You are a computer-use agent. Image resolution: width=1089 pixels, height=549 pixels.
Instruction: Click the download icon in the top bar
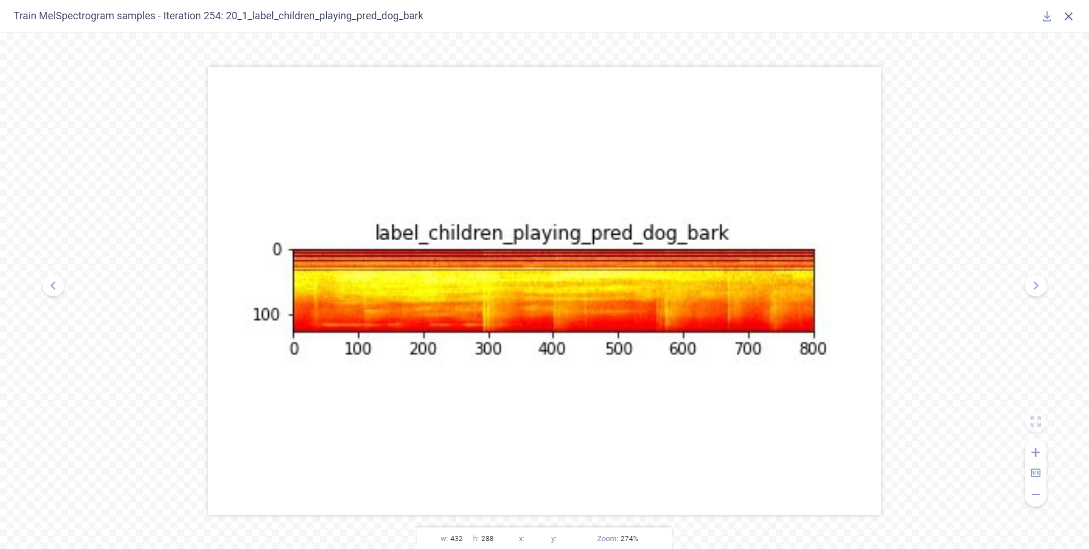[x=1047, y=16]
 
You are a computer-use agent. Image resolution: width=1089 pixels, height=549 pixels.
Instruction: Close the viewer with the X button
[x=1069, y=16]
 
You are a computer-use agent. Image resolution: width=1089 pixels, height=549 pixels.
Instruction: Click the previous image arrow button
[x=53, y=286]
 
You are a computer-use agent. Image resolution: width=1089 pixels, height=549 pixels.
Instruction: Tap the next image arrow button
[x=1036, y=286]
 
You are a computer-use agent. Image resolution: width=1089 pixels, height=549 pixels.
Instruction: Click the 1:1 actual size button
[x=1036, y=473]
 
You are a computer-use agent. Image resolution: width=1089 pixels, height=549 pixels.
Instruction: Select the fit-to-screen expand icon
[x=1036, y=422]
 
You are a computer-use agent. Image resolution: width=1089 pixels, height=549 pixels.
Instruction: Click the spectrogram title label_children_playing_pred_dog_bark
[x=552, y=233]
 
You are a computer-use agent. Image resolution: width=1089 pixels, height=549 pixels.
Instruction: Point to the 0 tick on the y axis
[x=277, y=249]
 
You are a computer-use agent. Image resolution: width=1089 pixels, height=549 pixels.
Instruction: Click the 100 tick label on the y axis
[x=266, y=314]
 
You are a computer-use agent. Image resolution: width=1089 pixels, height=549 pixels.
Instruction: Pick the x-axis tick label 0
[x=294, y=348]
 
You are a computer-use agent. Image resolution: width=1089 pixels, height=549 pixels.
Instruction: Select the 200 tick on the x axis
[x=423, y=348]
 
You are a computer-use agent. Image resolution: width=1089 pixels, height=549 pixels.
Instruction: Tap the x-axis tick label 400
[x=552, y=348]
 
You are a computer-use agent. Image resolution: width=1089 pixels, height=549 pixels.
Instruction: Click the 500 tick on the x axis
[x=618, y=348]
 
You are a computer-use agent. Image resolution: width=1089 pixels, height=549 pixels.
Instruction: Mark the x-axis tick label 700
[x=748, y=348]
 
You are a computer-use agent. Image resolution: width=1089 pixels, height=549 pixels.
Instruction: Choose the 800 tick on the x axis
[x=813, y=348]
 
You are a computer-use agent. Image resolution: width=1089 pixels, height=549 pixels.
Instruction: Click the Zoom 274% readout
[x=618, y=539]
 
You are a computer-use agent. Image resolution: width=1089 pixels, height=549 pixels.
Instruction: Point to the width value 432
[x=456, y=539]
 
